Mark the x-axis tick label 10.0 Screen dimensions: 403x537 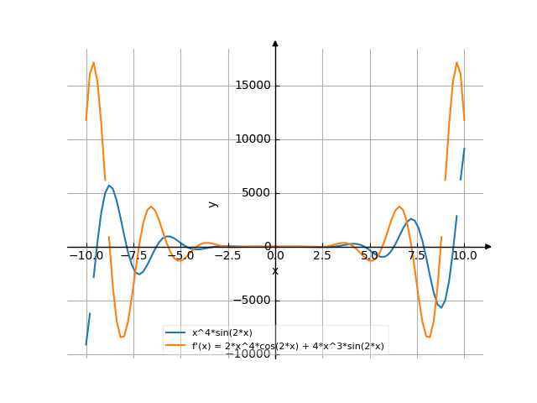pyautogui.click(x=465, y=254)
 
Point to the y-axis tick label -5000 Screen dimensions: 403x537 pyautogui.click(x=250, y=301)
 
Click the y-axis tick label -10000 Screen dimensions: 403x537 pyautogui.click(x=248, y=354)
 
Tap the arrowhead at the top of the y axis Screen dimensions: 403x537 pyautogui.click(x=275, y=43)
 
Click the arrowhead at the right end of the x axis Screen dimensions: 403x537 pyautogui.click(x=488, y=247)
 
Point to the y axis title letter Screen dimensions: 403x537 pyautogui.click(x=213, y=203)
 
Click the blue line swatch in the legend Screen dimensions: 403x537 pyautogui.click(x=175, y=333)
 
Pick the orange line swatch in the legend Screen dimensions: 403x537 pyautogui.click(x=175, y=345)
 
